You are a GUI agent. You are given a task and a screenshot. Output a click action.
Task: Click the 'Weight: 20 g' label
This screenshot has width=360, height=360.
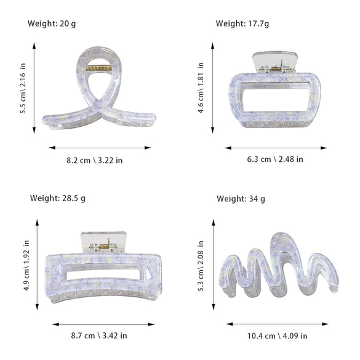pos(52,23)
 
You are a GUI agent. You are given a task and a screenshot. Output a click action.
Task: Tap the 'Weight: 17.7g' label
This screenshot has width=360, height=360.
pos(242,23)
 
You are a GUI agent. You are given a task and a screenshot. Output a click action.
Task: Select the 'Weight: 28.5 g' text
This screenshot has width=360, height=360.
pos(58,198)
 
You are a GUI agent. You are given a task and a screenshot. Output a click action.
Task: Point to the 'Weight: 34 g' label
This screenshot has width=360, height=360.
pos(241,199)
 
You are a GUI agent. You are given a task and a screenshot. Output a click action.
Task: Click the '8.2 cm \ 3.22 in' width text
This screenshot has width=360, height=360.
pos(95,161)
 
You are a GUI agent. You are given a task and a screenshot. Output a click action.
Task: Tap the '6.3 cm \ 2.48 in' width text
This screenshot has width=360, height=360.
pos(275,159)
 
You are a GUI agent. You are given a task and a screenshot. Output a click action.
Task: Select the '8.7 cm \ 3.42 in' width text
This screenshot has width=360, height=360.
pos(99,335)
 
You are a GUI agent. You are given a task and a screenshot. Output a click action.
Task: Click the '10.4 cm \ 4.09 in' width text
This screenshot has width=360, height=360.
pos(277,336)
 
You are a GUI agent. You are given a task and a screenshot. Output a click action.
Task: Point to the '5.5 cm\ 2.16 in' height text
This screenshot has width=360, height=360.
pos(23,89)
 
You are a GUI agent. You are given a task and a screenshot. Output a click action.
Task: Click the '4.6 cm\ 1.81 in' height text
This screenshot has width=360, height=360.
pos(201,88)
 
